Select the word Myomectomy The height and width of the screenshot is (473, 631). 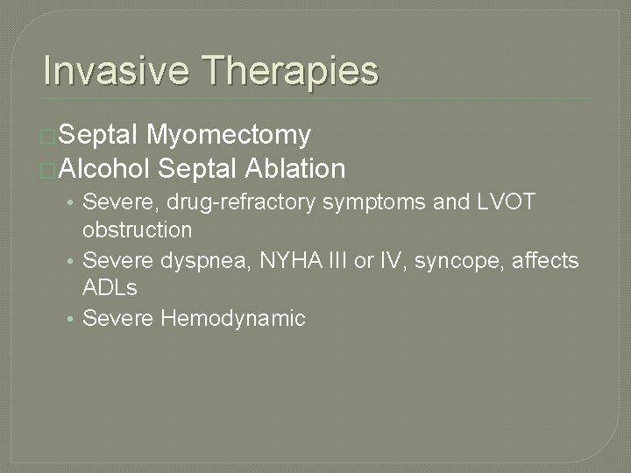coord(229,135)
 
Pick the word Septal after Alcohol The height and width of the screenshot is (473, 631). coord(199,167)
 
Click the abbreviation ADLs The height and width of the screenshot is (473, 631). coord(110,288)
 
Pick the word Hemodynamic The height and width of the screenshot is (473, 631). coord(233,318)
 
